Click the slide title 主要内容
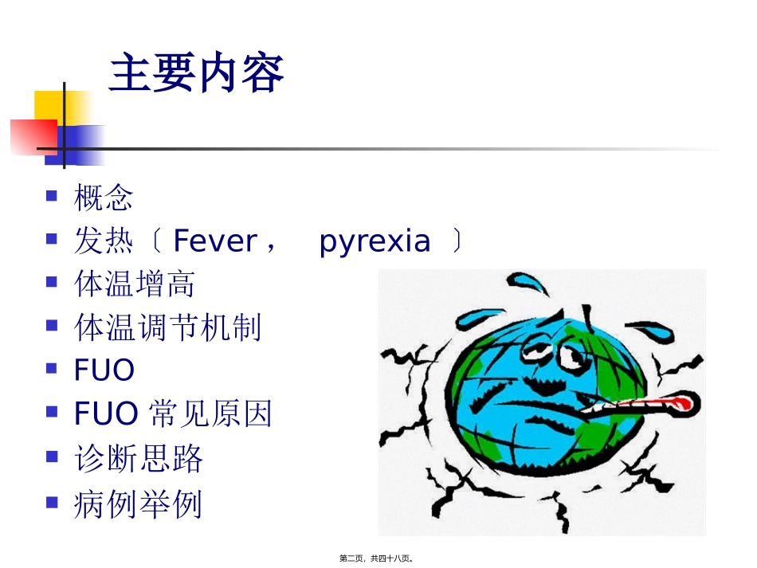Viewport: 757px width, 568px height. tap(196, 75)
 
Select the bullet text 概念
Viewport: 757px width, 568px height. tap(103, 198)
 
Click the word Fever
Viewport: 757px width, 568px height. tap(214, 241)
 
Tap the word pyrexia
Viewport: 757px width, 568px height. tap(375, 241)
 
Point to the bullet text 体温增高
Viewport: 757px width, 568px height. tap(134, 284)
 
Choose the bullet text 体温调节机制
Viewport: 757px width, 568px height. tap(167, 327)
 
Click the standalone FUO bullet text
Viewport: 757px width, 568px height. tap(104, 370)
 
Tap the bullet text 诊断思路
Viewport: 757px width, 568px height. tap(138, 458)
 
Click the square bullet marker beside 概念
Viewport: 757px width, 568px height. tap(52, 194)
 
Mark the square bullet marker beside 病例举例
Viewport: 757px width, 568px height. tap(52, 501)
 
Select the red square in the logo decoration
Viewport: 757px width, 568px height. tap(32, 136)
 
